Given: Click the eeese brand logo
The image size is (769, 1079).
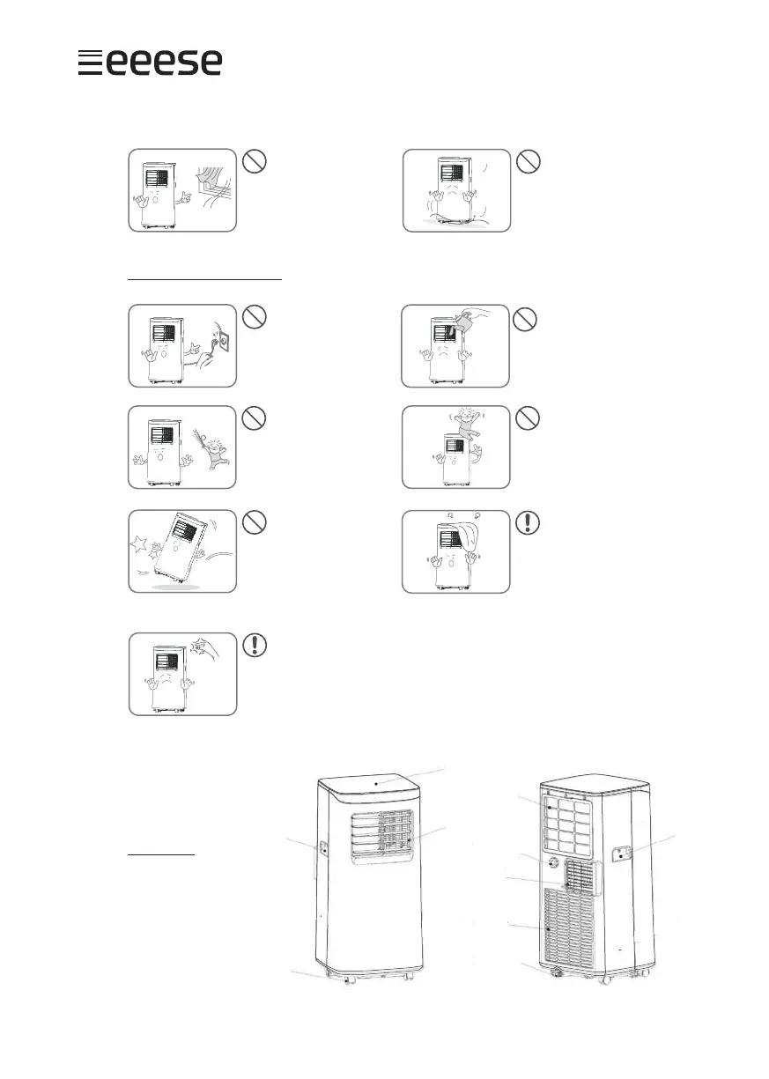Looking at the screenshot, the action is (149, 63).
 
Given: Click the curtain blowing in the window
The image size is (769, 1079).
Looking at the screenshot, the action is (210, 180).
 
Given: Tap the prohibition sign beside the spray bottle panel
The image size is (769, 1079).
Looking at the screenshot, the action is (526, 319).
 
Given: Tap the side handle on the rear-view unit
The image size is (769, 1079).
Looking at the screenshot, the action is (623, 854).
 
